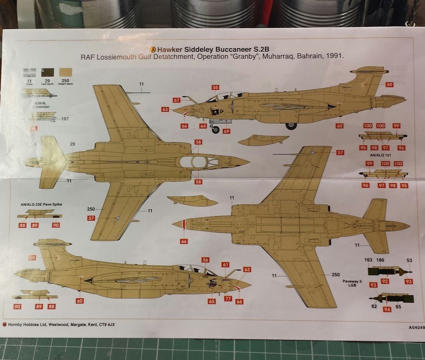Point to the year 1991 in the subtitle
[335, 56]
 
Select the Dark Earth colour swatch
[47, 71]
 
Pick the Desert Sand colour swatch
[65, 71]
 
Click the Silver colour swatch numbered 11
[29, 71]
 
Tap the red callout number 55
[215, 87]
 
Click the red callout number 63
[166, 110]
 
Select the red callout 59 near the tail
[389, 85]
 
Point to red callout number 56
[205, 260]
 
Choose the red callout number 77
[228, 298]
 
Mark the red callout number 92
[385, 281]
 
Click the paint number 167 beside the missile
[65, 119]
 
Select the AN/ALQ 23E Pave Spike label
[39, 204]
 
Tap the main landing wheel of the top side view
[291, 125]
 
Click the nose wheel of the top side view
[215, 130]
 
